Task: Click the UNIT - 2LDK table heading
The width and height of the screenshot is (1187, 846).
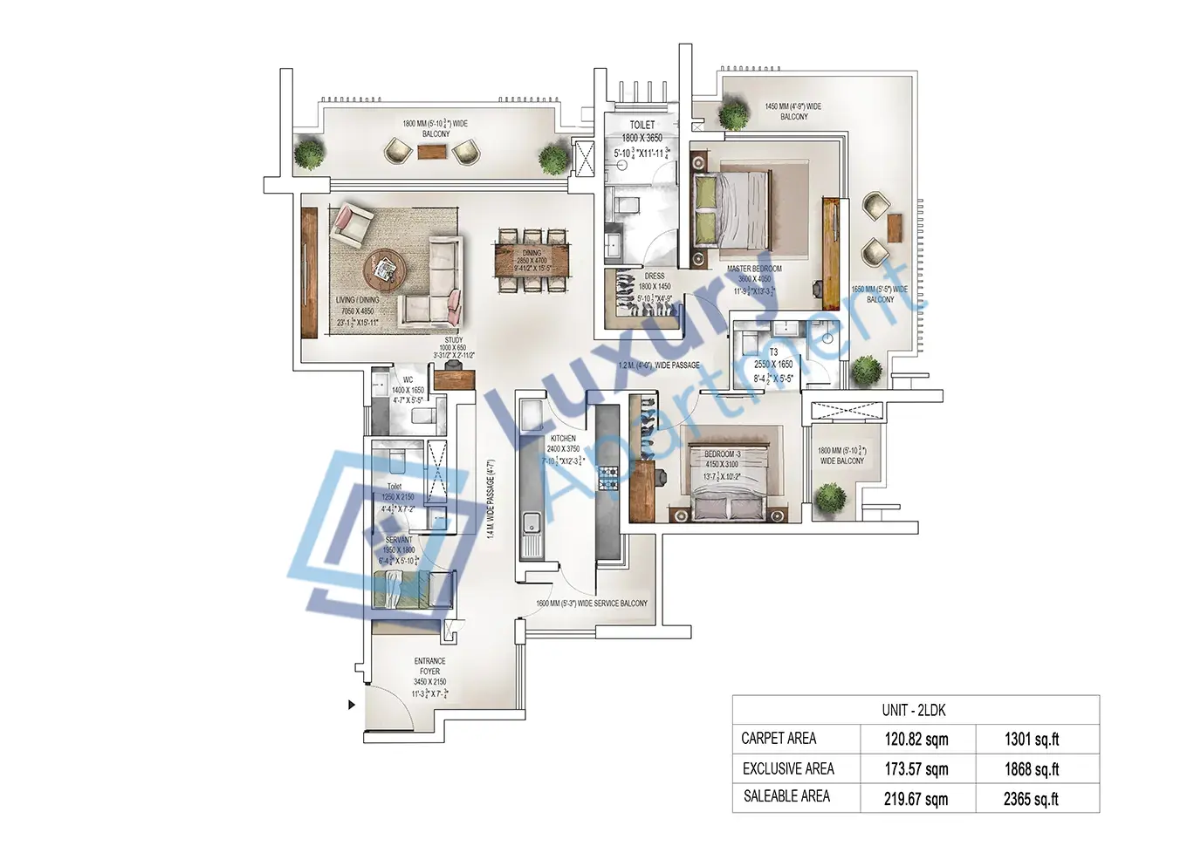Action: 914,710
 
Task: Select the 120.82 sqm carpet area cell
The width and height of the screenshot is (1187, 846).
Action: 916,740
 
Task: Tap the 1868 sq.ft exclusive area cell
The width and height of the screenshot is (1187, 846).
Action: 1031,769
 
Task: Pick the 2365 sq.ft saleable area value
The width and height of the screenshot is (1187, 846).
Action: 1031,799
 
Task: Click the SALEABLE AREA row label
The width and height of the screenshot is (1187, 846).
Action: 786,796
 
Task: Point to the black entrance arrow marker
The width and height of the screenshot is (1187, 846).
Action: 352,705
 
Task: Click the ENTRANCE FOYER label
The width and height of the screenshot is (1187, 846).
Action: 429,666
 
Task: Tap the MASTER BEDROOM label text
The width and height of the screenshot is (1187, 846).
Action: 754,269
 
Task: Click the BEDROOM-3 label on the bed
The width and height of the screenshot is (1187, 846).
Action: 722,454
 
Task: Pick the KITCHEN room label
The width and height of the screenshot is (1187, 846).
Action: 563,439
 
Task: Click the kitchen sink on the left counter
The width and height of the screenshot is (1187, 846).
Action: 530,525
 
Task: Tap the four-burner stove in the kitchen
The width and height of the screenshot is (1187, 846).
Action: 607,477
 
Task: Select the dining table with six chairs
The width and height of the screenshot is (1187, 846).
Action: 532,259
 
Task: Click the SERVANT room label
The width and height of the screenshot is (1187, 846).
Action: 399,540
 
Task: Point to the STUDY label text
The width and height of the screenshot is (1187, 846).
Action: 454,340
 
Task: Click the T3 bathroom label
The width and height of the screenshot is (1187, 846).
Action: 773,352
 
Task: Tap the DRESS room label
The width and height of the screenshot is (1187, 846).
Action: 655,276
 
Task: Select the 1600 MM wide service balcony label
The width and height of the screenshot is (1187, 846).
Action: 592,604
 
